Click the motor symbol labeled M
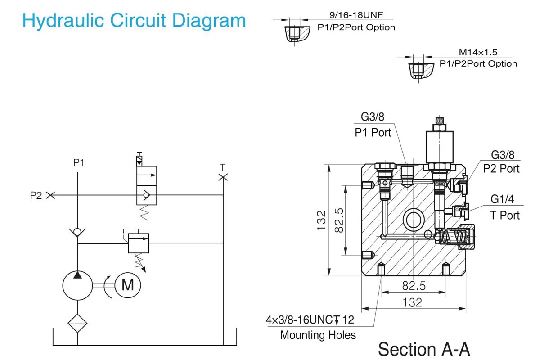click(x=128, y=285)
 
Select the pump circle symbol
click(x=77, y=285)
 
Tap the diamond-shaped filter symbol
click(x=77, y=323)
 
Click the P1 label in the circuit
click(x=79, y=163)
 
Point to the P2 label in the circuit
click(x=36, y=195)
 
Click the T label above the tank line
click(x=222, y=167)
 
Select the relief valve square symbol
click(x=139, y=243)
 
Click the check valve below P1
click(x=77, y=232)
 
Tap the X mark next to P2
click(x=51, y=195)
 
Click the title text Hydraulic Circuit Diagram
click(x=134, y=21)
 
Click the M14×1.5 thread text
click(x=478, y=52)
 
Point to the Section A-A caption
click(x=424, y=349)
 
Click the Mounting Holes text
click(x=318, y=335)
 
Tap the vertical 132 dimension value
click(x=321, y=220)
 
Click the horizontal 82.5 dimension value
click(x=414, y=286)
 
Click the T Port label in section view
click(x=504, y=216)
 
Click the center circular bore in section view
click(x=414, y=220)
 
